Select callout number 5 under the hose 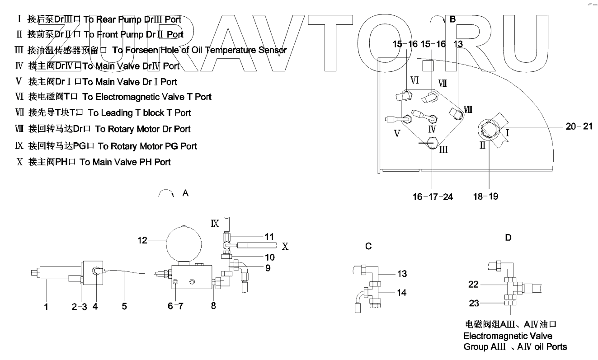[124, 307]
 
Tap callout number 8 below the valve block [213, 306]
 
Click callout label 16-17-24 [433, 197]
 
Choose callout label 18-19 [486, 197]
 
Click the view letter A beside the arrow [185, 193]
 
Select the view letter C [368, 246]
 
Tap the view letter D [509, 237]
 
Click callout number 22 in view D [473, 284]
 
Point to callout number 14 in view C [401, 293]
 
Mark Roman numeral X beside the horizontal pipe [285, 247]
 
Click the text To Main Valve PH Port [125, 162]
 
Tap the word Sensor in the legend [272, 50]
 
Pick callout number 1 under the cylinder [47, 307]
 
